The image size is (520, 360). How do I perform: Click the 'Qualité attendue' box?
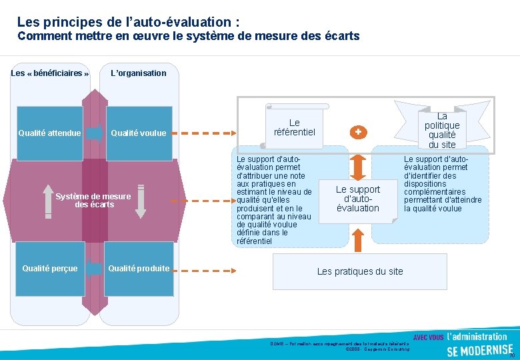(x=50, y=133)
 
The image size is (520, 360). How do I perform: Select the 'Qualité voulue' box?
(x=139, y=133)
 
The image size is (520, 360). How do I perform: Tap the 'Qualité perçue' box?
(x=50, y=269)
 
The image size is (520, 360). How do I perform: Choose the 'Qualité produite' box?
(x=139, y=269)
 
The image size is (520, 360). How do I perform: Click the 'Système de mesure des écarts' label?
(x=93, y=201)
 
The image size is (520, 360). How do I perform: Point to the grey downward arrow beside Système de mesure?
(x=140, y=201)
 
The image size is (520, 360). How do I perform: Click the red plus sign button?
(x=358, y=132)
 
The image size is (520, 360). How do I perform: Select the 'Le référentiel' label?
(x=294, y=127)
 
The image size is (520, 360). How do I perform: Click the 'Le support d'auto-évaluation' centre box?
(x=358, y=199)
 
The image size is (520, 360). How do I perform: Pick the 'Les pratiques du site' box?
(x=360, y=271)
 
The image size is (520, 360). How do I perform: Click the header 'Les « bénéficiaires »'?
(x=50, y=73)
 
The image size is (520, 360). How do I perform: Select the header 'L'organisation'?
(x=139, y=73)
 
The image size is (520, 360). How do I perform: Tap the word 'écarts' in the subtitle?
(x=341, y=36)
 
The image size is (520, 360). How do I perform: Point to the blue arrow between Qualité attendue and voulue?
(x=95, y=133)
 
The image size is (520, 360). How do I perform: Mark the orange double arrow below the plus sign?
(x=358, y=164)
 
